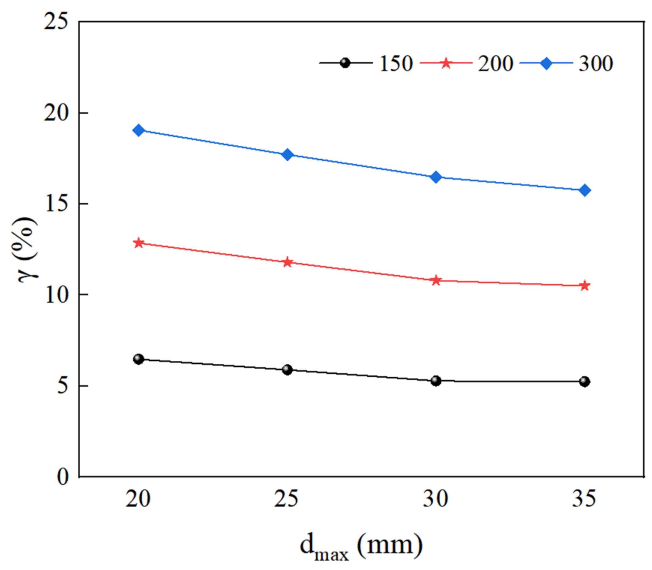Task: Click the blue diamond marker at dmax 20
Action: [x=139, y=130]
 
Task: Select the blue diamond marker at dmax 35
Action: [x=585, y=190]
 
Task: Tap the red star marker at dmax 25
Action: [x=287, y=262]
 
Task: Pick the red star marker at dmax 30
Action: [x=436, y=280]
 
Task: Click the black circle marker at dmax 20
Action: [x=139, y=359]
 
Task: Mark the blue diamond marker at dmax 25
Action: [x=287, y=154]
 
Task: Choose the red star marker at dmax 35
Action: [x=585, y=286]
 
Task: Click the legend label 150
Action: [x=396, y=63]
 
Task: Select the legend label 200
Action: [x=495, y=63]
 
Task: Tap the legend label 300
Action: [x=595, y=63]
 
